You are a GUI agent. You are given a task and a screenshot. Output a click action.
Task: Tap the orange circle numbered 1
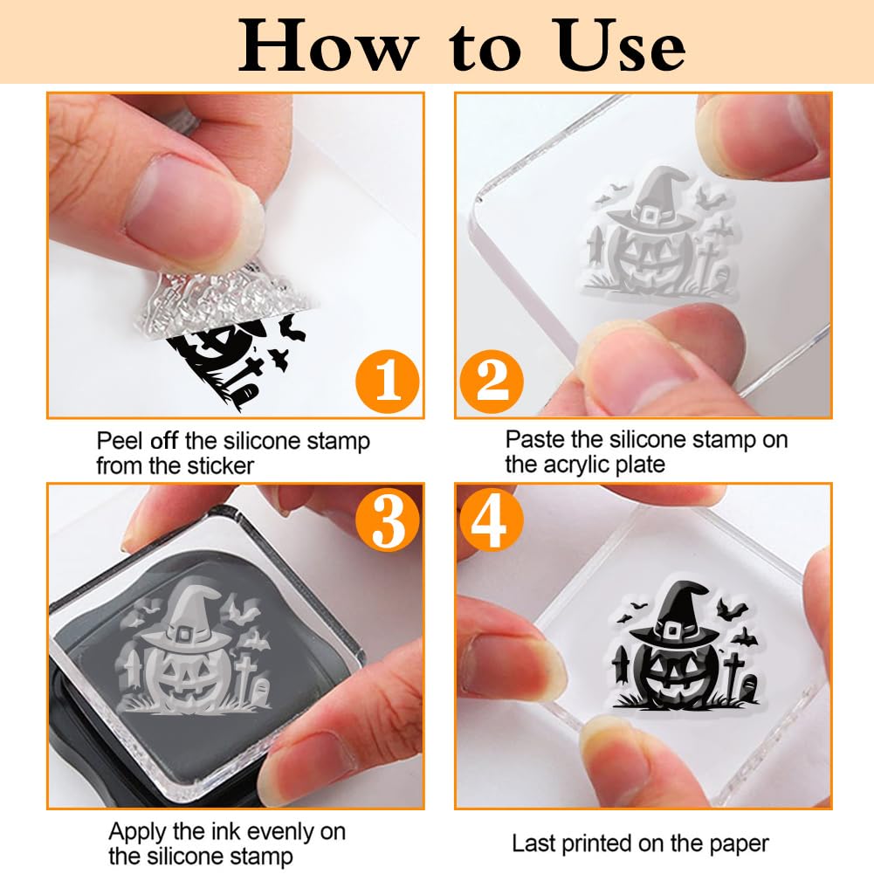pos(387,382)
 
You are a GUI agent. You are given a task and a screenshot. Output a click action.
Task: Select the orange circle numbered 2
pos(492,382)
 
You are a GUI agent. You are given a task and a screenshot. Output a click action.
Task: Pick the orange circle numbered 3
pos(387,520)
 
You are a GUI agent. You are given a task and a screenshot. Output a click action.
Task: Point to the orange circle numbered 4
pos(491,520)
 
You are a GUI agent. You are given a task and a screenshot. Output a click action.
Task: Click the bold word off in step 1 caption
pos(164,441)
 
